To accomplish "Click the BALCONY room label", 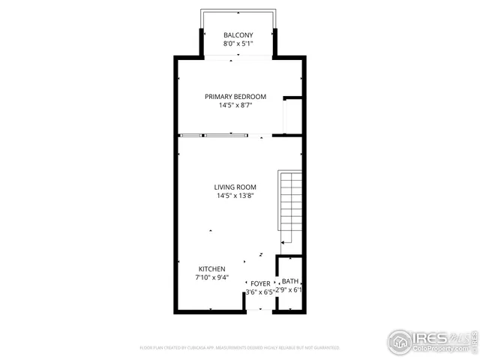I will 238,35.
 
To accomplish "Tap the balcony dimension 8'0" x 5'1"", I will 238,44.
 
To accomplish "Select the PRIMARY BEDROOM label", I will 235,97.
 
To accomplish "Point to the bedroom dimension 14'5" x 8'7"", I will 235,106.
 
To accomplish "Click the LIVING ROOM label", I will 235,187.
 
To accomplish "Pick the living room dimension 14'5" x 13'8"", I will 235,196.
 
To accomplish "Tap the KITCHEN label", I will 211,268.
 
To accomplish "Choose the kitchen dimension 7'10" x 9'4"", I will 211,277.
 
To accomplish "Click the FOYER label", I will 260,283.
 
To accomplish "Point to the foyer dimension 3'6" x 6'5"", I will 260,292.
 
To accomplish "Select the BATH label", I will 290,280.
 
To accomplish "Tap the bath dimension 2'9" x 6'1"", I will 289,289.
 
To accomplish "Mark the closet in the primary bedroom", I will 292,116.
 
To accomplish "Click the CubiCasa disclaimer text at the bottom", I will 239,348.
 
